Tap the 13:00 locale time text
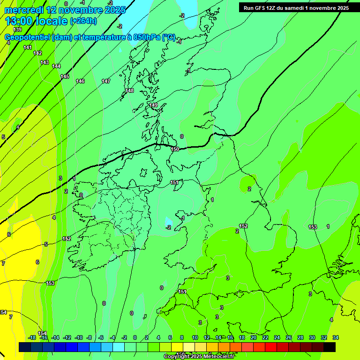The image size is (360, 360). pyautogui.click(x=36, y=21)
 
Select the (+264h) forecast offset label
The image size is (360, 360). pyautogui.click(x=83, y=21)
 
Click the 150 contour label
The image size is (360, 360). pyautogui.click(x=175, y=149)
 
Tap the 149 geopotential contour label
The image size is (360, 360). pyautogui.click(x=153, y=105)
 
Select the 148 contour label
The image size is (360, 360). pyautogui.click(x=129, y=90)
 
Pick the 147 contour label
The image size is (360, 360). pyautogui.click(x=106, y=81)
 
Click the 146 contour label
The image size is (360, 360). pyautogui.click(x=80, y=81)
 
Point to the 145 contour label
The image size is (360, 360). pyautogui.click(x=65, y=76)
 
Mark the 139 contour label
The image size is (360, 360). pyautogui.click(x=17, y=30)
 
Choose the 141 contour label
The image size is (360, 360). pyautogui.click(x=28, y=47)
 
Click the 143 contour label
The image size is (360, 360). pyautogui.click(x=45, y=62)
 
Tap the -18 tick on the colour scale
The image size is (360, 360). pyautogui.click(x=32, y=337)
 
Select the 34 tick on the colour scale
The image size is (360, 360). pyautogui.click(x=336, y=337)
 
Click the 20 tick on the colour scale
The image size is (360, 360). pyautogui.click(x=253, y=337)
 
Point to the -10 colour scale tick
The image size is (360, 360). pyautogui.click(x=79, y=337)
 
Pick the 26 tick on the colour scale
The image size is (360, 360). pyautogui.click(x=288, y=337)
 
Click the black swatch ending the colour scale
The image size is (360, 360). pyautogui.click(x=330, y=347)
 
